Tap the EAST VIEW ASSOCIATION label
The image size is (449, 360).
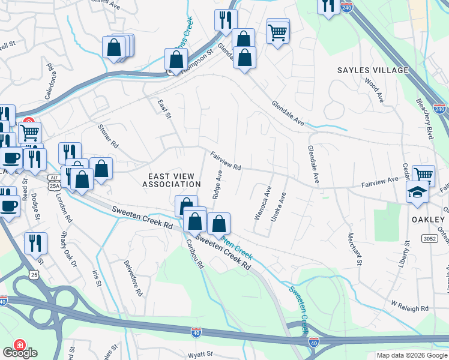pos(171,180)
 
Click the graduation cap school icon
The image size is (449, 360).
pos(416,193)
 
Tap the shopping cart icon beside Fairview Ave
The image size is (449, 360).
pos(423,175)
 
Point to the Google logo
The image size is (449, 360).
pos(20,353)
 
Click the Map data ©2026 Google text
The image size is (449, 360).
pos(411,355)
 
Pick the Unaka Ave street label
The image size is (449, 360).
pos(279,207)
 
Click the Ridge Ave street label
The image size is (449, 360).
pos(218,184)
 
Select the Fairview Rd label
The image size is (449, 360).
pos(226,160)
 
